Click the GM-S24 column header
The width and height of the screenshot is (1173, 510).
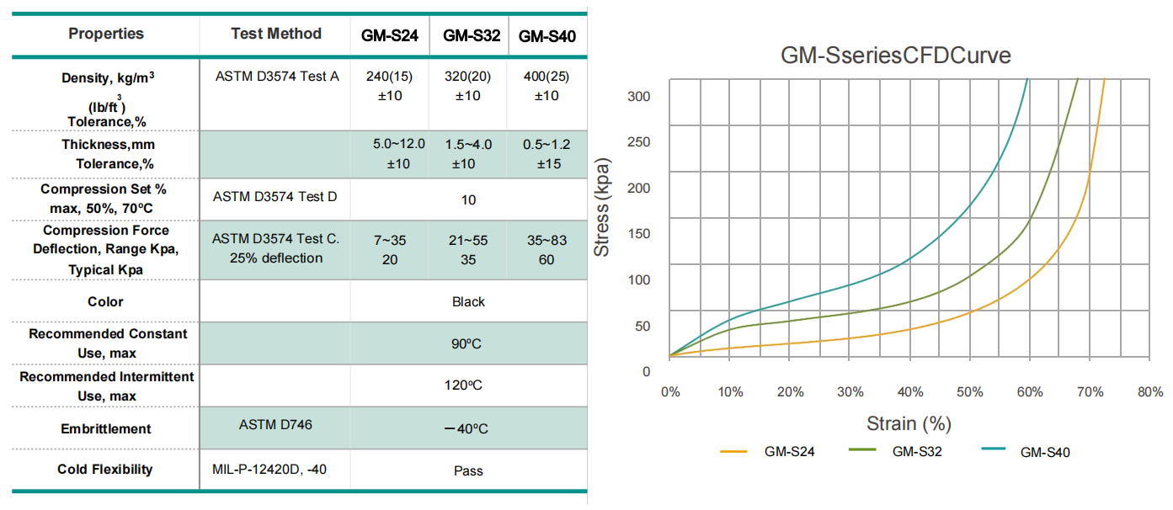pyautogui.click(x=390, y=36)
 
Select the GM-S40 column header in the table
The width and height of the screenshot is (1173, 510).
pyautogui.click(x=547, y=36)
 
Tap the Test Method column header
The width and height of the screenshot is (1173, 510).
pyautogui.click(x=276, y=34)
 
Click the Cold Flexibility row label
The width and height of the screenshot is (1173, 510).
pyautogui.click(x=105, y=469)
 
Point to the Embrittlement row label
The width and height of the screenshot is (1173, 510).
pyautogui.click(x=106, y=428)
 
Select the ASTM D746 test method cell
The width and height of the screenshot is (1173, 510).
pyautogui.click(x=275, y=425)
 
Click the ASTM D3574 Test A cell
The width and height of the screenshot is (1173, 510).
pyautogui.click(x=276, y=77)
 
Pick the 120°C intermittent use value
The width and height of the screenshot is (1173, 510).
pyautogui.click(x=468, y=385)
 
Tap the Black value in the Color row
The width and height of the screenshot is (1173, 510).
pyautogui.click(x=468, y=301)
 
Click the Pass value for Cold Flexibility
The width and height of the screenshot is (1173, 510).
pyautogui.click(x=468, y=470)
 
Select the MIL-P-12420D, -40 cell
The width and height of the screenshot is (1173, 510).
pyautogui.click(x=269, y=469)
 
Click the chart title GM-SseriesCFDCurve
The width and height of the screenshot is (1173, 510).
pyautogui.click(x=896, y=56)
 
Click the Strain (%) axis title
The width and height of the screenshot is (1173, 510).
pyautogui.click(x=909, y=422)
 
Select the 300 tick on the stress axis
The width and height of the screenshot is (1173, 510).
pyautogui.click(x=640, y=97)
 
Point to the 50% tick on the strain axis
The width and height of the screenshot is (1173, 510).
pyautogui.click(x=969, y=392)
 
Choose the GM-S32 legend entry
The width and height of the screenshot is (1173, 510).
pyautogui.click(x=917, y=452)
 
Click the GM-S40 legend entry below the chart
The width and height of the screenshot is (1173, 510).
pyautogui.click(x=1045, y=452)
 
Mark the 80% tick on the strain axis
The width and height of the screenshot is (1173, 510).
pyautogui.click(x=1149, y=392)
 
